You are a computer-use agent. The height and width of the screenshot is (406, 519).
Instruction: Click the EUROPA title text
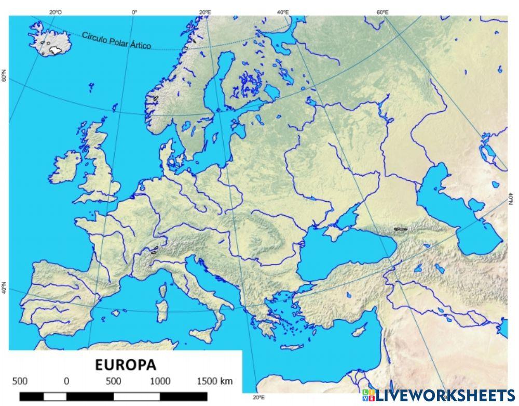pyautogui.click(x=126, y=364)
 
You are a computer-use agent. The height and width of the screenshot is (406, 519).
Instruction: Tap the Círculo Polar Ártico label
pyautogui.click(x=116, y=41)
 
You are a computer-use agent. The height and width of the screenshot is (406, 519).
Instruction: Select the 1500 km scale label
pyautogui.click(x=214, y=381)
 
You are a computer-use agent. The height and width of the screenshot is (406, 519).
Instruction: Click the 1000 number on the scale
pyautogui.click(x=160, y=381)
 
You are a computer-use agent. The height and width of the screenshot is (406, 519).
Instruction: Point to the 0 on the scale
pyautogui.click(x=66, y=381)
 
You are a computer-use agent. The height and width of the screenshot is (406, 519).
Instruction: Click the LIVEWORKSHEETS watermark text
pyautogui.click(x=445, y=395)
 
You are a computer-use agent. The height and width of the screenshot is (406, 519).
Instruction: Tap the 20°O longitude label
pyautogui.click(x=55, y=11)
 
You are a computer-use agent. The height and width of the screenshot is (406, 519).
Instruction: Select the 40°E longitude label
pyautogui.click(x=283, y=11)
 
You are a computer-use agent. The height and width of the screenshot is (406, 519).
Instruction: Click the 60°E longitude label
pyautogui.click(x=383, y=11)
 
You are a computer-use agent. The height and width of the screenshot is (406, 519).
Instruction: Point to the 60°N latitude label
pyautogui.click(x=4, y=77)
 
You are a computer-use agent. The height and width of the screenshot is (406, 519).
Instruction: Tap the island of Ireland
pyautogui.click(x=65, y=165)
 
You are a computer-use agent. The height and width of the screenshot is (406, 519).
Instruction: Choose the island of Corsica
pyautogui.click(x=164, y=289)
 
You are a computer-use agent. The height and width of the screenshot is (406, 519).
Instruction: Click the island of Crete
pyautogui.click(x=292, y=347)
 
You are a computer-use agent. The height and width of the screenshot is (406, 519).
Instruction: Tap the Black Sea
pyautogui.click(x=343, y=255)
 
